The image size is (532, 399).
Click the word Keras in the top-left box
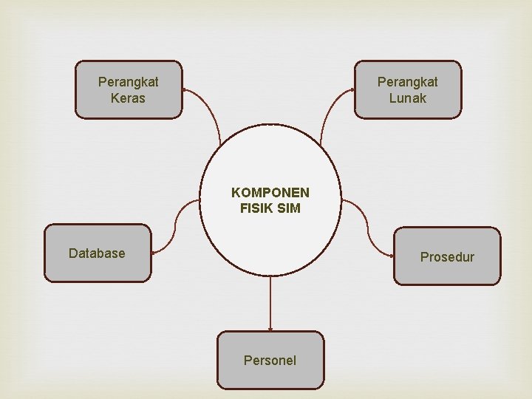click(128, 98)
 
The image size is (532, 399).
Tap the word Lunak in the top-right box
click(407, 98)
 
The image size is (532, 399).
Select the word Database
click(97, 253)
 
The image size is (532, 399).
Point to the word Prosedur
click(447, 257)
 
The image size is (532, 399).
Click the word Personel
click(270, 361)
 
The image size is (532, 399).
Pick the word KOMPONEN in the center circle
click(270, 193)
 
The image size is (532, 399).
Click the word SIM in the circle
click(288, 208)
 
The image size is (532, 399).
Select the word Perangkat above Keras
click(128, 82)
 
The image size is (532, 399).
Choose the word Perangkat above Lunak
click(407, 82)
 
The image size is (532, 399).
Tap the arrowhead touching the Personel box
click(270, 328)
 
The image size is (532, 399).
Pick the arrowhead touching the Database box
click(154, 253)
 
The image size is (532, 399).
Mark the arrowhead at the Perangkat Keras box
click(185, 91)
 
